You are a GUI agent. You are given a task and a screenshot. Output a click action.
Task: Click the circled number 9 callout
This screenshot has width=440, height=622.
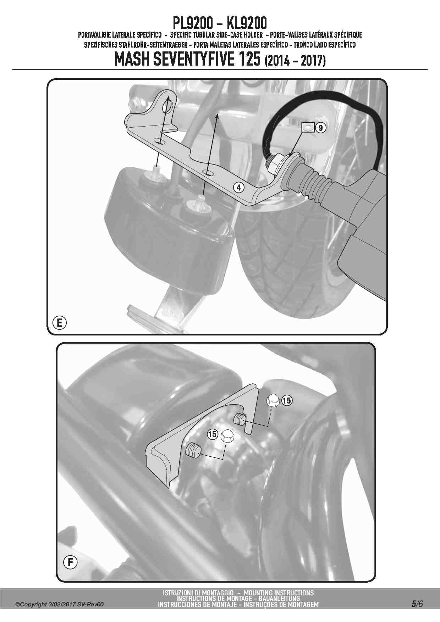click(x=320, y=128)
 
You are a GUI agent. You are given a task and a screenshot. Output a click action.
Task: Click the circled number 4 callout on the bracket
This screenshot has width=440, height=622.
click(x=239, y=187)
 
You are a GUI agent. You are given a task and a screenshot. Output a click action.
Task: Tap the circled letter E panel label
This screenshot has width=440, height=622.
click(x=59, y=323)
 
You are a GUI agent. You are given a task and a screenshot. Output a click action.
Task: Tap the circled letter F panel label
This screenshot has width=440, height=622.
click(x=70, y=562)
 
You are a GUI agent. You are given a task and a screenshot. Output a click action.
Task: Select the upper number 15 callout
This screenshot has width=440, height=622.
click(x=287, y=401)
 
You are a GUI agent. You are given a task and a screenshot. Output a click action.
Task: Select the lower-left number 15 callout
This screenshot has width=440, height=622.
click(x=213, y=434)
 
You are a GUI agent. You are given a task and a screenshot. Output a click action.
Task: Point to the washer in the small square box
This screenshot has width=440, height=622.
click(x=308, y=127)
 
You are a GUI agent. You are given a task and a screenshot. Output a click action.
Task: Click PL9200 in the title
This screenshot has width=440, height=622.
click(x=193, y=23)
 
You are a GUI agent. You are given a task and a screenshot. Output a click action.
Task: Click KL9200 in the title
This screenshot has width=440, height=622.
click(x=247, y=23)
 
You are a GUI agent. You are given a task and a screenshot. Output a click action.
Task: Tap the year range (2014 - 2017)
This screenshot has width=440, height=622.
click(x=295, y=61)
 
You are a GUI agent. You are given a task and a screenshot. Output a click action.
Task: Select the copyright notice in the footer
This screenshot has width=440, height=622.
click(x=60, y=604)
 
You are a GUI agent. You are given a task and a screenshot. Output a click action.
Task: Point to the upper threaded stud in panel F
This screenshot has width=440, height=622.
click(x=240, y=419)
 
